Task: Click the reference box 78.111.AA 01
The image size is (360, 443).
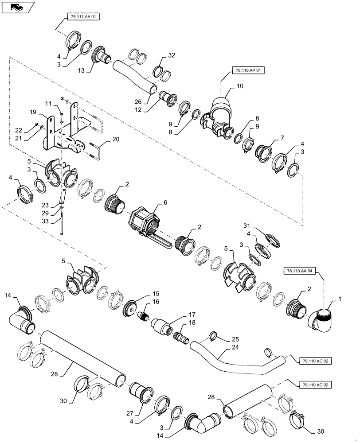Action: (83, 17)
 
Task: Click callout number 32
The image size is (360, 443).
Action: (172, 56)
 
